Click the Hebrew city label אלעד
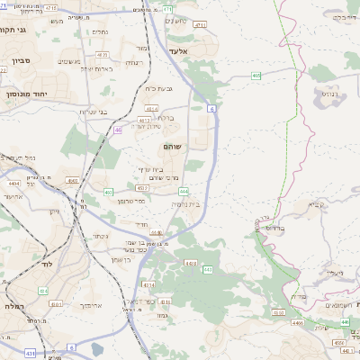click(176, 52)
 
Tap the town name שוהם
click(174, 145)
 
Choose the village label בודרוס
click(274, 229)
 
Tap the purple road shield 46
click(118, 130)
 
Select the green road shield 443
click(208, 269)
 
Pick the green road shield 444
click(184, 191)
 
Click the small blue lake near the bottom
click(96, 348)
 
